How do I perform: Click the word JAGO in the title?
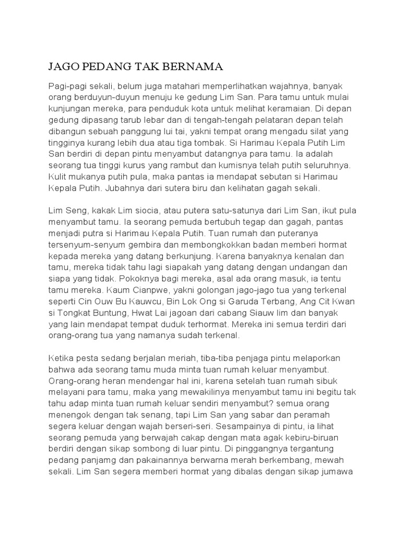coord(62,66)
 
